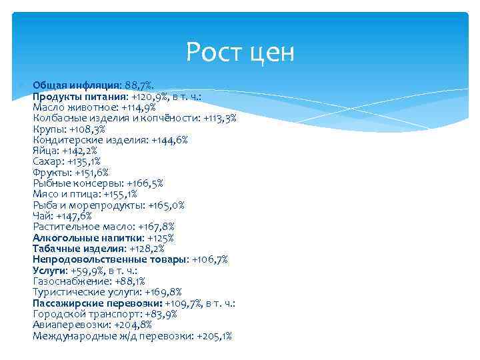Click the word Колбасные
point(59,118)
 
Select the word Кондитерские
point(65,140)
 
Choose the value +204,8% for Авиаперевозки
point(133,325)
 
